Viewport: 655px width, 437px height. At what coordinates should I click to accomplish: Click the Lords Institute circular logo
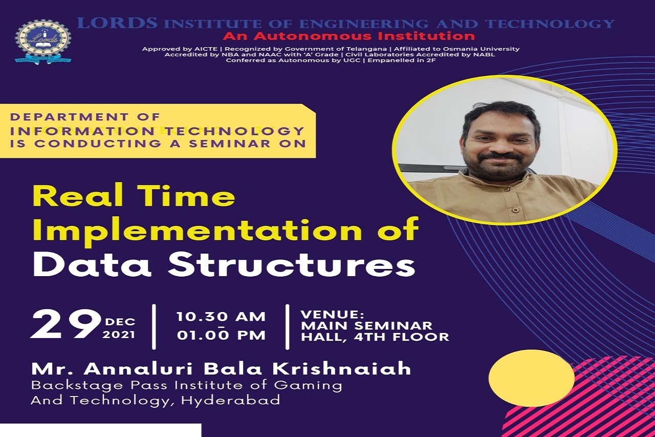(43, 41)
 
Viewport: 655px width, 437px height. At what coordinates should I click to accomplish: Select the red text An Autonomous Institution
(348, 36)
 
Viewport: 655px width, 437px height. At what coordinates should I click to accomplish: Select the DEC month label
(120, 322)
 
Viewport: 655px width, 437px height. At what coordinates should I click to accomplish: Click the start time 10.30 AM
(221, 317)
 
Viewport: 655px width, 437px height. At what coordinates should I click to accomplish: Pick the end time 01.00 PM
(221, 336)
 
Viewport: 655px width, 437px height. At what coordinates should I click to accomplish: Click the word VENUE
(324, 315)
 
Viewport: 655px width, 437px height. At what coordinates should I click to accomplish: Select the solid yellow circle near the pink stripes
(531, 378)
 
